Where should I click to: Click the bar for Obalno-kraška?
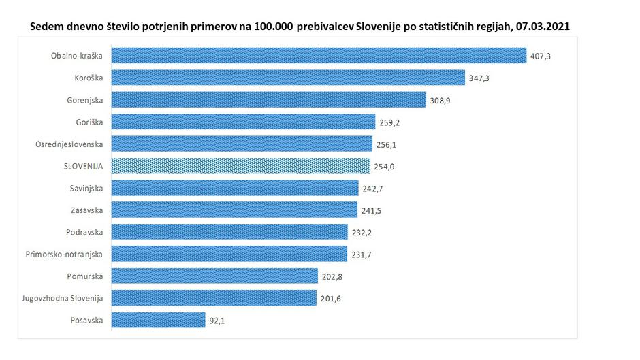pyautogui.click(x=318, y=56)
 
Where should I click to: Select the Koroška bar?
pyautogui.click(x=287, y=78)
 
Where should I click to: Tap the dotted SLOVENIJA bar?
pyautogui.click(x=240, y=166)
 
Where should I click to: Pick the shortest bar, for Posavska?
pyautogui.click(x=158, y=320)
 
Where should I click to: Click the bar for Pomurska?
pyautogui.click(x=214, y=276)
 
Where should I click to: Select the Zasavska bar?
pyautogui.click(x=234, y=210)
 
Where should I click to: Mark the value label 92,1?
pyautogui.click(x=216, y=321)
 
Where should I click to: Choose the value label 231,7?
pyautogui.click(x=361, y=255)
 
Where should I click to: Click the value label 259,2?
pyautogui.click(x=389, y=122)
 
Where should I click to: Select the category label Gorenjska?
pyautogui.click(x=85, y=100)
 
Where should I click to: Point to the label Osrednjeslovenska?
pyautogui.click(x=69, y=144)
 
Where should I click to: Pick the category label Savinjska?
pyautogui.click(x=86, y=189)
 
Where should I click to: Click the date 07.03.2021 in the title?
pyautogui.click(x=541, y=27)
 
